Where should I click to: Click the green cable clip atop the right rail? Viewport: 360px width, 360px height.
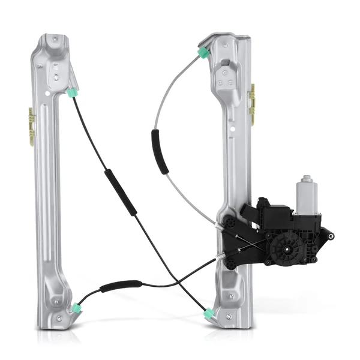point(203,53)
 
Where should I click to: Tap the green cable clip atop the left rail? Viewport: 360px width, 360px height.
point(73,93)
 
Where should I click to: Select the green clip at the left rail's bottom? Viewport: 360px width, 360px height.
point(76,308)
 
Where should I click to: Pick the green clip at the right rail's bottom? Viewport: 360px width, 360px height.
point(209,313)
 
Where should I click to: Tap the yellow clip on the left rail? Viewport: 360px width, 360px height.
point(31,127)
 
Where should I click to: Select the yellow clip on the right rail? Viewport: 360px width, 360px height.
point(253,104)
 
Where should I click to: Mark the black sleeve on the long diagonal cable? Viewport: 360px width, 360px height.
point(121,192)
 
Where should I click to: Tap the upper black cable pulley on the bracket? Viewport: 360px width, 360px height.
point(230,223)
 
